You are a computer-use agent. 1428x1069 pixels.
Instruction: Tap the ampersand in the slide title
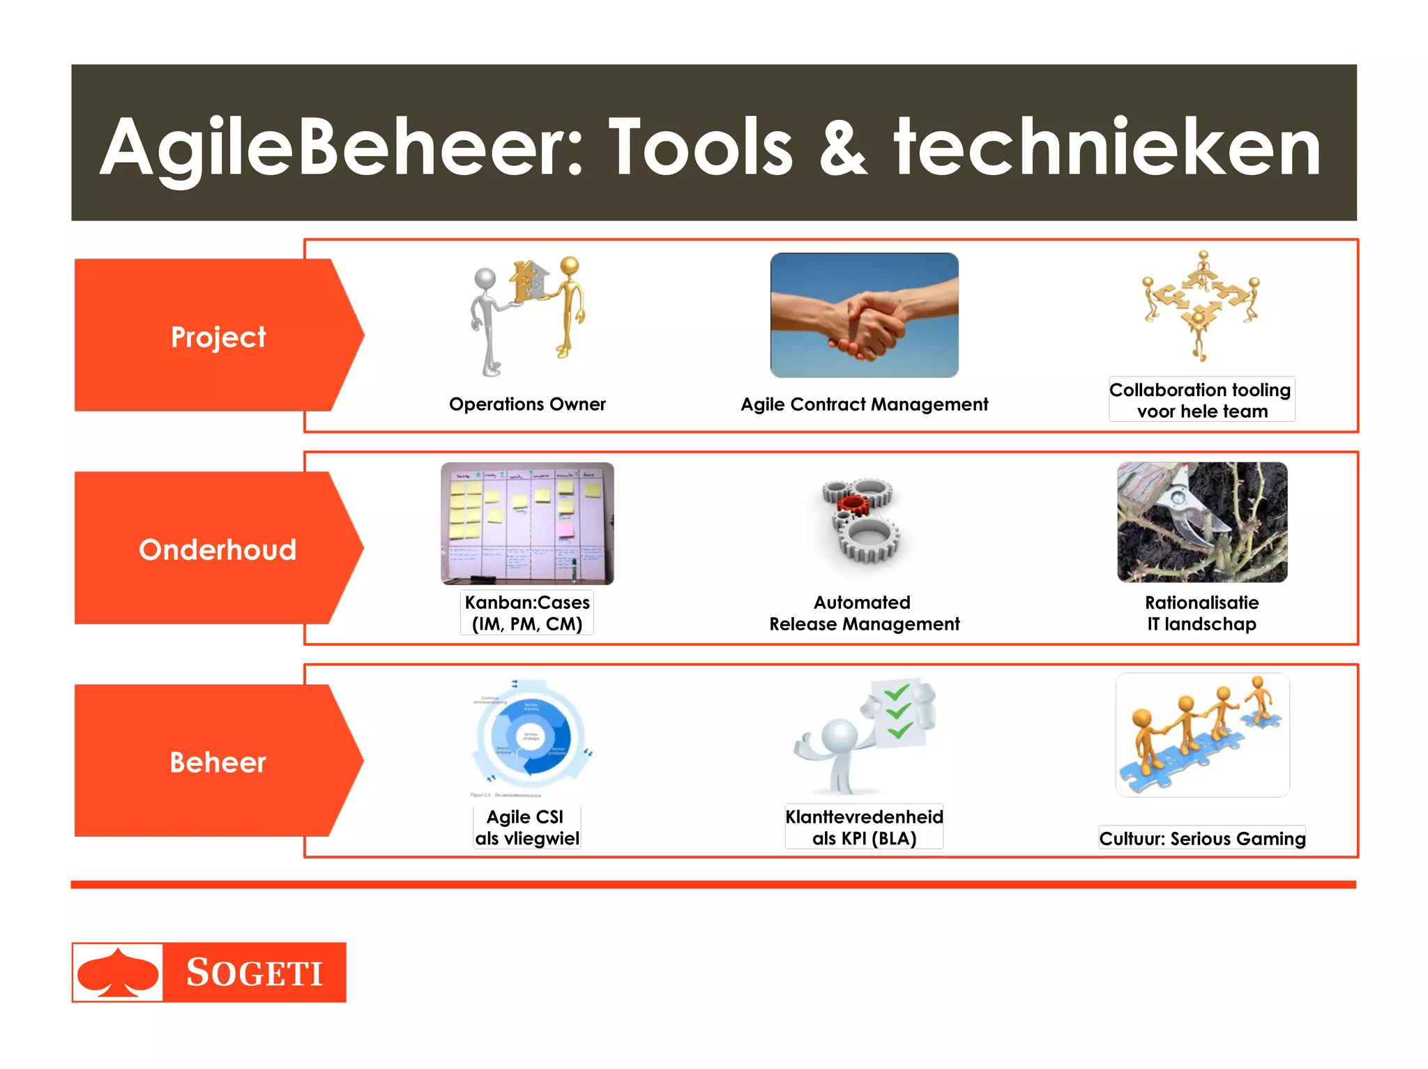pos(843,148)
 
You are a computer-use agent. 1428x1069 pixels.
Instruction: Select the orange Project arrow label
pos(218,337)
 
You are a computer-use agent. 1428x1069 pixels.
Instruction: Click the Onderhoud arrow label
pos(218,549)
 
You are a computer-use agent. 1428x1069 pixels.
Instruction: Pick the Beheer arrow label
pos(218,762)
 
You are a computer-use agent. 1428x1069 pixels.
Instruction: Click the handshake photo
pos(864,315)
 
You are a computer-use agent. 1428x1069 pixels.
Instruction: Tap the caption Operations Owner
pos(527,404)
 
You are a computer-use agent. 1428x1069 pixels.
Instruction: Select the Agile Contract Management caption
pos(864,404)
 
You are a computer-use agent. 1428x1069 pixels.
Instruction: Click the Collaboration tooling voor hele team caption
pos(1201,400)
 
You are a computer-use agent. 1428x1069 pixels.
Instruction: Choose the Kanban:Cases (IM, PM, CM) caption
pos(527,613)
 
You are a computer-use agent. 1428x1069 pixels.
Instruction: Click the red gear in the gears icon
pos(852,504)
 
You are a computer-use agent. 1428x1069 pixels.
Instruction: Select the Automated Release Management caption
pos(864,613)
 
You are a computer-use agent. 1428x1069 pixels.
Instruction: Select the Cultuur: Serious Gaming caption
pos(1202,838)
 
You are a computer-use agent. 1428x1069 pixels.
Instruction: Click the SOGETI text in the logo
pos(255,973)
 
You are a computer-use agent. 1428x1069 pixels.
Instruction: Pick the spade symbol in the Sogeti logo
pos(118,972)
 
